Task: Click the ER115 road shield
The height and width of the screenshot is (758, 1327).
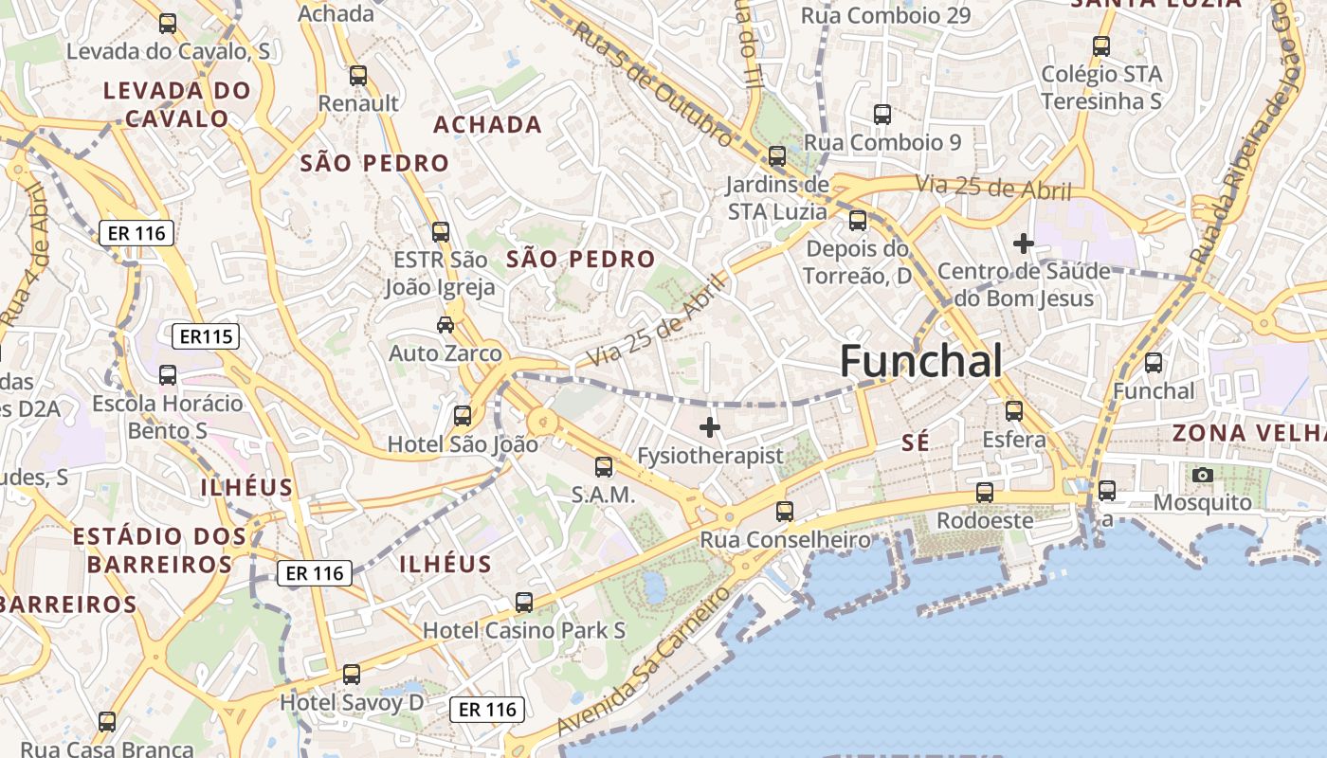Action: (206, 335)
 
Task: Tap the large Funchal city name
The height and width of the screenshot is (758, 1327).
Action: (920, 361)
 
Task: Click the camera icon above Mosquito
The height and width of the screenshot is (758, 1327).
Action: (1203, 475)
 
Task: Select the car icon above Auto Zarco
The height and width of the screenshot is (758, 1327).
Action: (445, 325)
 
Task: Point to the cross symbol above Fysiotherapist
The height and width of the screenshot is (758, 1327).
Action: (709, 427)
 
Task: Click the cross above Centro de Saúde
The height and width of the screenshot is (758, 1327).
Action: (1023, 244)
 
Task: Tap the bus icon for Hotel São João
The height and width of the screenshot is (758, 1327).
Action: (463, 415)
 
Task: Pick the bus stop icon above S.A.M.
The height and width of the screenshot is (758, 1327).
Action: (603, 466)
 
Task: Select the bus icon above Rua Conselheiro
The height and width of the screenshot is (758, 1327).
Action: (785, 512)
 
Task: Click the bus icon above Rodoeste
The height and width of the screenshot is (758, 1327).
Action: (985, 493)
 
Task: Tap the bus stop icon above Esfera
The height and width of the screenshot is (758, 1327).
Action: (1014, 411)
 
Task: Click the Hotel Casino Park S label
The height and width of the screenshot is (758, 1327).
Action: (523, 630)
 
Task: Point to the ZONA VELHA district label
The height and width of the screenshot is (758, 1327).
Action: (1248, 433)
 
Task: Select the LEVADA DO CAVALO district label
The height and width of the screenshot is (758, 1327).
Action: (177, 104)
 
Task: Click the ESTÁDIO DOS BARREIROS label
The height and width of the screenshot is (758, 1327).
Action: (159, 550)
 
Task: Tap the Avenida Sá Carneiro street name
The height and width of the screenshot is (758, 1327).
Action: (645, 660)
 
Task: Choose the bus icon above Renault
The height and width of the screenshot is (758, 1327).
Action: (357, 76)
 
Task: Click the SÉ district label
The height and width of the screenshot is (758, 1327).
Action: (916, 442)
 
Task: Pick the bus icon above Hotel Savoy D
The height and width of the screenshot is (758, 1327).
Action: (352, 675)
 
